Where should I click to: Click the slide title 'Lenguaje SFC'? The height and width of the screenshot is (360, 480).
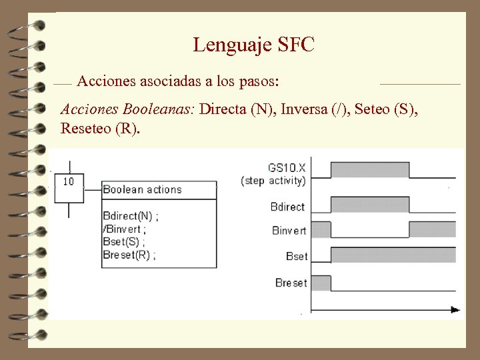(253, 45)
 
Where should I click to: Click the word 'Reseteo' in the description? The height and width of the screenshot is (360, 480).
(85, 128)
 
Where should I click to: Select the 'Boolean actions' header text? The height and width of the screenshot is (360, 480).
(142, 189)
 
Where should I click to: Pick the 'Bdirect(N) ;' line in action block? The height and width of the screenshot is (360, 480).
(131, 216)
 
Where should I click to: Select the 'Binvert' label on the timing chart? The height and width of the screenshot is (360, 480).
(289, 231)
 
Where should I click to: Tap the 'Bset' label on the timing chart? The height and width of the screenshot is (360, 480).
(296, 257)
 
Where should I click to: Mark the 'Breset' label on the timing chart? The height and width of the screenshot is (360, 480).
(291, 283)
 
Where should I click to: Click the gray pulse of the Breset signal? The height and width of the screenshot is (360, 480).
(321, 283)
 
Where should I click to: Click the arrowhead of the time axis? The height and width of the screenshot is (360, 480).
(455, 309)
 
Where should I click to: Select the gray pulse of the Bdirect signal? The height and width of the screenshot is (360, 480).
(370, 204)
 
